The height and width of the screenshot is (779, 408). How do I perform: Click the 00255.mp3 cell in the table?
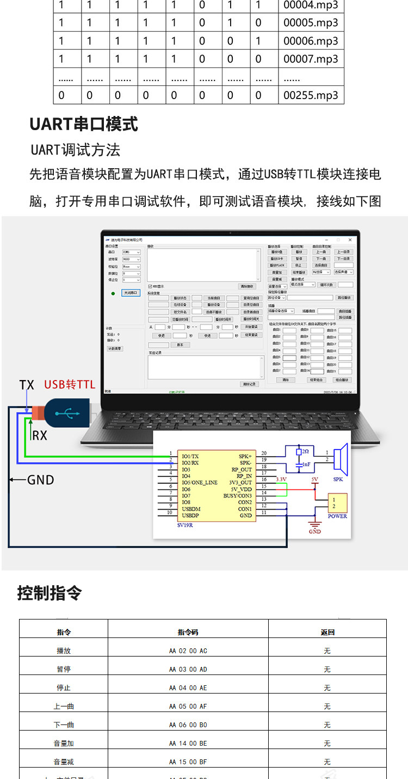pos(311,95)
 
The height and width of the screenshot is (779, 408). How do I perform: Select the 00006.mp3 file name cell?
pos(311,41)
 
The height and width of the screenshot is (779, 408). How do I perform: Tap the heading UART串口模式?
pos(83,124)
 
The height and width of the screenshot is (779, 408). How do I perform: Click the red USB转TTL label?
pos(70,385)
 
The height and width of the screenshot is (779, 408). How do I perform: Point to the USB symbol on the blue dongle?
pos(67,414)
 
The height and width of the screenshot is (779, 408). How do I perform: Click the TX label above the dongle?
pos(27,385)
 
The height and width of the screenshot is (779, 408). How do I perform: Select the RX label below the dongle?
pos(40,435)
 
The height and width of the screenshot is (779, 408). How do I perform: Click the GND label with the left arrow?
pos(40,480)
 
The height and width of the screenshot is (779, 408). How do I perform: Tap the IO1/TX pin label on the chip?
pos(190,456)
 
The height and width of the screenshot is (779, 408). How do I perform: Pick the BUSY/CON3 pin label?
pos(238,496)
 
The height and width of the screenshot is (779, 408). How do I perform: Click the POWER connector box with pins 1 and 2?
pos(337,504)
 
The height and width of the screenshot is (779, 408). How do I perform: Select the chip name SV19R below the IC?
pos(186,526)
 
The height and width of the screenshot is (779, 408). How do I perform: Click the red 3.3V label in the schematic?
pos(281,479)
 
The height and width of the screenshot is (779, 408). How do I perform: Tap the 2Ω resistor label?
pos(305,452)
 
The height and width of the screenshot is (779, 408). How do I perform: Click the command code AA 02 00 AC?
pos(188,651)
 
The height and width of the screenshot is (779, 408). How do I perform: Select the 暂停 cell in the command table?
pos(64,669)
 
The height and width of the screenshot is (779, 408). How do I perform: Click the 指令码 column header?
pos(188,632)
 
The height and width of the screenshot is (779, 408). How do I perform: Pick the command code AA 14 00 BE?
pos(188,743)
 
